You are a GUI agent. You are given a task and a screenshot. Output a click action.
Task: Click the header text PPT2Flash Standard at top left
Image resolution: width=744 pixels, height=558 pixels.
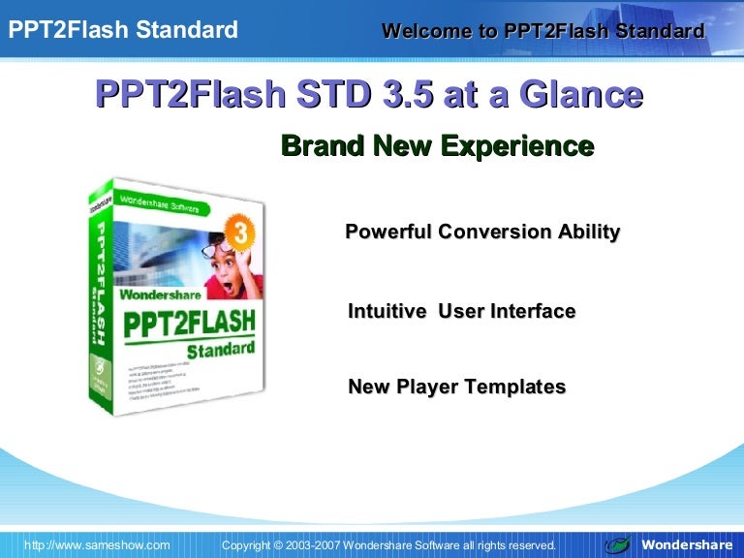click(x=122, y=30)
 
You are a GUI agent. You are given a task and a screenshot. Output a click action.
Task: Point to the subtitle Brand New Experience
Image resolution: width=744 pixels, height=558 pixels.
click(x=437, y=146)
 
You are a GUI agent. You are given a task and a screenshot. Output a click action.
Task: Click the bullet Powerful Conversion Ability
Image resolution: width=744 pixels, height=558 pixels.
click(x=482, y=232)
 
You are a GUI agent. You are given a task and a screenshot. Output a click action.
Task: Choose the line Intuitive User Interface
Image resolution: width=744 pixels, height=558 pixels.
click(x=461, y=312)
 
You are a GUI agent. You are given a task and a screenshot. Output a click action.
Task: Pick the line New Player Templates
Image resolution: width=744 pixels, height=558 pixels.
click(x=456, y=387)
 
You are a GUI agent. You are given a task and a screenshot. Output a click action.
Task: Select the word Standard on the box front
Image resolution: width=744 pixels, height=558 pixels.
click(x=221, y=347)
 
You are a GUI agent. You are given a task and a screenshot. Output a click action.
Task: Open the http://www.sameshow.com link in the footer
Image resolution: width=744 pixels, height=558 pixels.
click(x=97, y=545)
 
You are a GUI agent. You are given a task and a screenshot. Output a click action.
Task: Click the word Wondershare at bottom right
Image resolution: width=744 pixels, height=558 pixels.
click(x=687, y=545)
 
